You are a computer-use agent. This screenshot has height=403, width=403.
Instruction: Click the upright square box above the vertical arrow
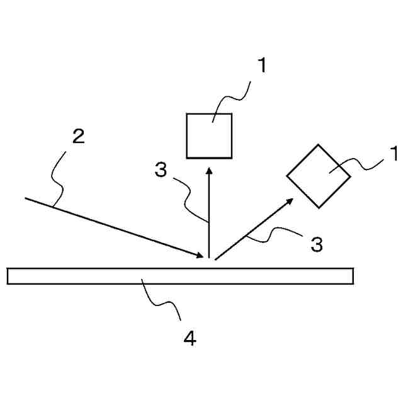coord(210,135)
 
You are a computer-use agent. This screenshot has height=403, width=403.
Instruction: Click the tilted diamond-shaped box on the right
coord(319,176)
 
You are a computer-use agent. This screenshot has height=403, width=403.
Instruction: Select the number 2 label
coord(78,137)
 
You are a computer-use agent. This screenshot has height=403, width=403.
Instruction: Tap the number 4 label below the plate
coord(190,339)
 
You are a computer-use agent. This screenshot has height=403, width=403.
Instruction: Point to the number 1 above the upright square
coord(261,65)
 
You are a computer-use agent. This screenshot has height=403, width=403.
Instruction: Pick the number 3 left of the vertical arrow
coord(162,169)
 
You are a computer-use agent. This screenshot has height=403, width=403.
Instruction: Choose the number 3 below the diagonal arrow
coord(317,244)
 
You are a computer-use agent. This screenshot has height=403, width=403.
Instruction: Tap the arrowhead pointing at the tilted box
coord(290,200)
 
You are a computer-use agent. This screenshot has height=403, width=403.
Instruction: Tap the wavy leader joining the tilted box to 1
coord(359,166)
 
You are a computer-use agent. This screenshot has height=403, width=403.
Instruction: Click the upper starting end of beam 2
coord(26,198)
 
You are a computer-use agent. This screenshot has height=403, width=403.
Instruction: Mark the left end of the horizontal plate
coord(8,276)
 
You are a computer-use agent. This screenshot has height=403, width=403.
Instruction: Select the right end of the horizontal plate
coord(352,276)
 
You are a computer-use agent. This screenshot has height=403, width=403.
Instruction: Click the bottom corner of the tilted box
coord(319,207)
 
